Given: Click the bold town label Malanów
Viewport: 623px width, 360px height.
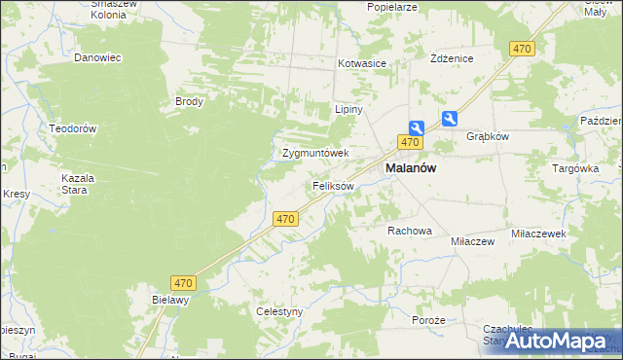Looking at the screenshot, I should point(411,167).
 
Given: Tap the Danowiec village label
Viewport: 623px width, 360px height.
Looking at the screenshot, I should point(97,57).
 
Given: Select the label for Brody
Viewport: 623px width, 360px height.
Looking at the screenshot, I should point(188,101).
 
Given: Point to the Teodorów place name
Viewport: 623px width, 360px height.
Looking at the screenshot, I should point(73,128).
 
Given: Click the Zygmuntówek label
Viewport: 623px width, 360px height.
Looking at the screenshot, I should point(315,154).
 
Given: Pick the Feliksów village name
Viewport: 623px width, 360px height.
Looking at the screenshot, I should point(333,185).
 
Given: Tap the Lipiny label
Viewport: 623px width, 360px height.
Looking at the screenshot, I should point(348,109).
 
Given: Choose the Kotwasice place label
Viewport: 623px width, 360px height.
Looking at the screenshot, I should point(362,63).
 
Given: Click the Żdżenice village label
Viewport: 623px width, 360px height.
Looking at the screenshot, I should point(452,58).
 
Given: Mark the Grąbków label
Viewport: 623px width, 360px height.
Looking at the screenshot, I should point(488,136).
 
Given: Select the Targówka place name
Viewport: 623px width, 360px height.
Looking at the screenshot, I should point(575,167).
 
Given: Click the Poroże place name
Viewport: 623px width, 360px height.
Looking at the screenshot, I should point(428,320).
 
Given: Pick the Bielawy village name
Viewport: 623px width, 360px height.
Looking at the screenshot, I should point(169,301).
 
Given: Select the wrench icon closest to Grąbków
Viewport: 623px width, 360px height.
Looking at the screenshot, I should point(450,119).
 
